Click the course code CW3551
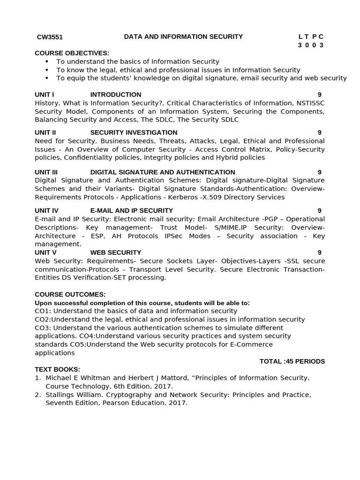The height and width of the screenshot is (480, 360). click(50, 37)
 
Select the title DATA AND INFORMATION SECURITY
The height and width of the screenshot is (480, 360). click(183, 37)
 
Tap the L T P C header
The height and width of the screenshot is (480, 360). click(311, 37)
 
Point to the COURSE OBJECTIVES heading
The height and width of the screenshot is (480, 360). click(72, 53)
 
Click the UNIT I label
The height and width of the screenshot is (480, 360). click(45, 95)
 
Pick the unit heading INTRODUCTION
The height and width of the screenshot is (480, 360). click(115, 95)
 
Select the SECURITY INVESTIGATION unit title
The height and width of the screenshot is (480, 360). click(134, 133)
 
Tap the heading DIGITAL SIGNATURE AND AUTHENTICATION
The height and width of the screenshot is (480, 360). click(162, 172)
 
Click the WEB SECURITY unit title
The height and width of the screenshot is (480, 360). click(115, 253)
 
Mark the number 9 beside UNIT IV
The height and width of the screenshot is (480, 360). click(319, 210)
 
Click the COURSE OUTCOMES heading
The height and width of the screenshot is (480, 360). click(70, 294)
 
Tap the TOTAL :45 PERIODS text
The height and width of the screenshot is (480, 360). click(292, 361)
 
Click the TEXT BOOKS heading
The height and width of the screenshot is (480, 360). click(57, 369)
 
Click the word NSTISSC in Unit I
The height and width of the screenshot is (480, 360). click(309, 103)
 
